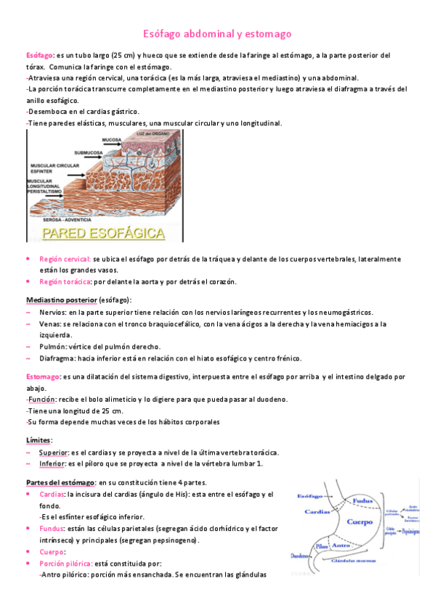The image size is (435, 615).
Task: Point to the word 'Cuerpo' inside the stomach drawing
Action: (x=361, y=521)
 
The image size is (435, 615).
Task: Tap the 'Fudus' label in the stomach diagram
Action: (x=363, y=500)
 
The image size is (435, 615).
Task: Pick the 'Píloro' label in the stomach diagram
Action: (x=321, y=546)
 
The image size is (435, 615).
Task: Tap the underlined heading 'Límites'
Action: (x=38, y=440)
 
